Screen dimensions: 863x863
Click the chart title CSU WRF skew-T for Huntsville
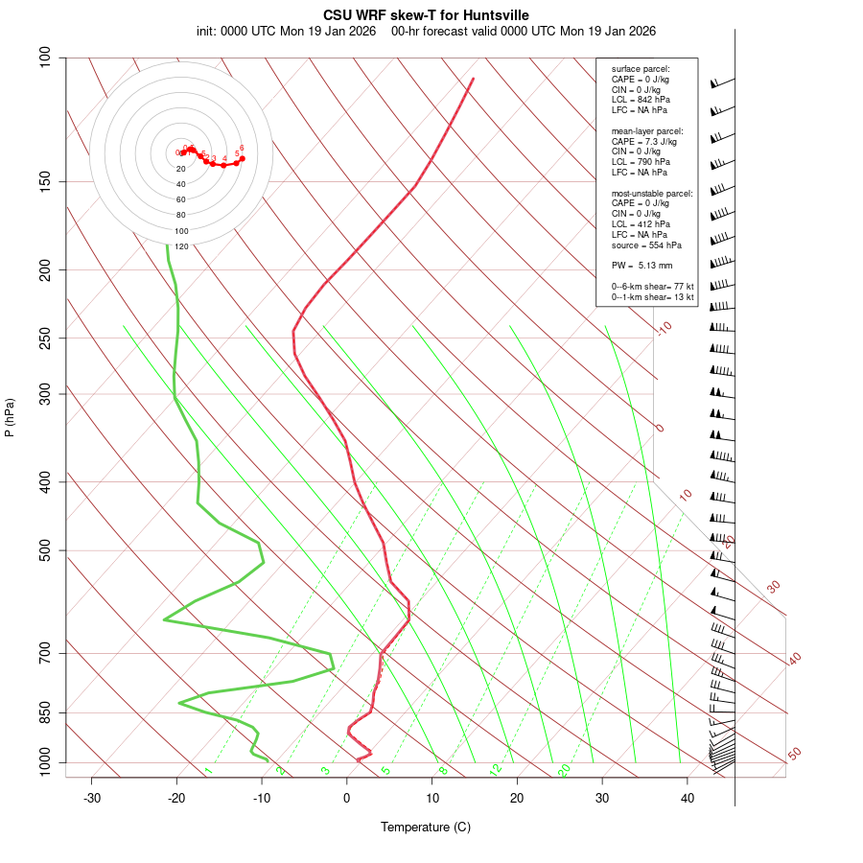click(426, 14)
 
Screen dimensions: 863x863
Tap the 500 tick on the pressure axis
click(44, 550)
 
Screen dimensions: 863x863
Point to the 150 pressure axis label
click(44, 181)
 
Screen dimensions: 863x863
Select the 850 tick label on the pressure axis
click(44, 712)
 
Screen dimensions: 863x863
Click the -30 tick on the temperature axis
click(92, 798)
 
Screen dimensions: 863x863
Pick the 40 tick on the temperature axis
click(688, 798)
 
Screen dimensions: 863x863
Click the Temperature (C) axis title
click(426, 827)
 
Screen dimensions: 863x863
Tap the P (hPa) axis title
click(10, 418)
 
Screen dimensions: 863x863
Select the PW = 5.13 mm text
click(641, 265)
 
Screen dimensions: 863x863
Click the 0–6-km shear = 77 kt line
click(652, 287)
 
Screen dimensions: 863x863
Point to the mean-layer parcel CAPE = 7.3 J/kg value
click(643, 141)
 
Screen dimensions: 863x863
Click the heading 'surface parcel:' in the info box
click(641, 69)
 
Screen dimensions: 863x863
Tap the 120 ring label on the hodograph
click(181, 246)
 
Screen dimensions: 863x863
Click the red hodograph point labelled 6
click(242, 158)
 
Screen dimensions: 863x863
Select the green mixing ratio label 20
click(564, 770)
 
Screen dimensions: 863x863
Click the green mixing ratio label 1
click(208, 770)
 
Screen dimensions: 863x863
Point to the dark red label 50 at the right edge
click(794, 754)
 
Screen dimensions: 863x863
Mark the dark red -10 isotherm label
click(663, 328)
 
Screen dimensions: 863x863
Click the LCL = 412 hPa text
click(641, 224)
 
